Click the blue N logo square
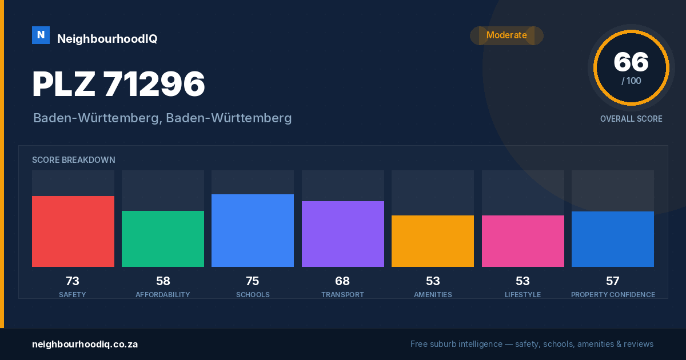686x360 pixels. [x=41, y=35]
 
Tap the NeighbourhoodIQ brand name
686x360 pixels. [x=107, y=39]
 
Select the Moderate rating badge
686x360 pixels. [x=506, y=35]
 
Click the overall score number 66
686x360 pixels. [x=631, y=62]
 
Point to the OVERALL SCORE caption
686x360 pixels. [x=631, y=119]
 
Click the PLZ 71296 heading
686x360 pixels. [x=118, y=84]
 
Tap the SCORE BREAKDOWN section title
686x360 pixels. [x=74, y=160]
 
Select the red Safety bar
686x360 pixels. [x=73, y=231]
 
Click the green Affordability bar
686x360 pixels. [x=163, y=239]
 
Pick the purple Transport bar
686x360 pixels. [x=343, y=234]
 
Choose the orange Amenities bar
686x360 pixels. [x=433, y=241]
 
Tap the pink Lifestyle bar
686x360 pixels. [x=523, y=241]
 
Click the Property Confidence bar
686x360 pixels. [x=613, y=239]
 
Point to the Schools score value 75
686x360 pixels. [x=252, y=281]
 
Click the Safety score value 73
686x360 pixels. [x=73, y=281]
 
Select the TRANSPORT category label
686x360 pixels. [x=342, y=294]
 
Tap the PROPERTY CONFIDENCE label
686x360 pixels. [x=613, y=294]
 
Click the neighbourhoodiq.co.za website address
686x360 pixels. [x=85, y=345]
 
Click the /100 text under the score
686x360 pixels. [x=631, y=81]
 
